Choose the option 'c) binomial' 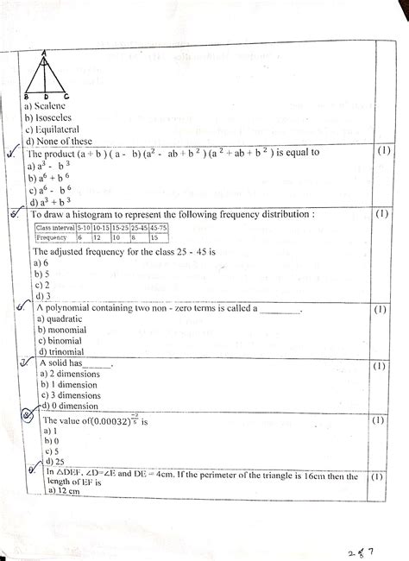click(53, 340)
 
